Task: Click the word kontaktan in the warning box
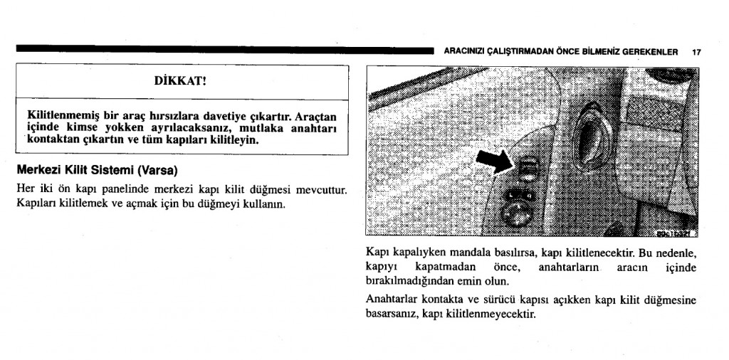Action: [x=51, y=139]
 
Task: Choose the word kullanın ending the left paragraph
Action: [x=266, y=204]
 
